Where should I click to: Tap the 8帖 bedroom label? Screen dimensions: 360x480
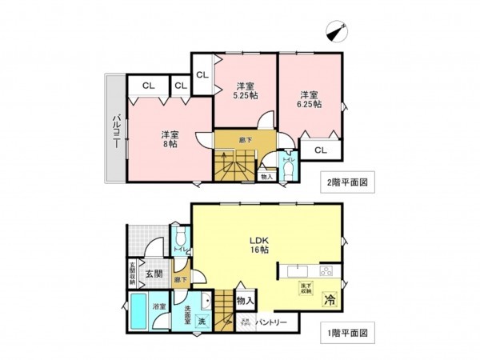(169, 139)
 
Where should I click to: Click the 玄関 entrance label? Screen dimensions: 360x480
(154, 274)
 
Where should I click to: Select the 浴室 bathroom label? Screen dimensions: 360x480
(159, 306)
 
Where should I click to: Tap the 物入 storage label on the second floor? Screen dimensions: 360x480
(266, 176)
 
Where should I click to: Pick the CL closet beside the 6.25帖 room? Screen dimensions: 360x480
(320, 150)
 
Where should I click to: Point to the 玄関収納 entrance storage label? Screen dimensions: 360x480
(132, 274)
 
